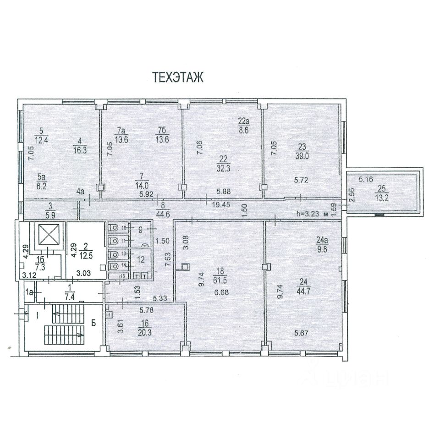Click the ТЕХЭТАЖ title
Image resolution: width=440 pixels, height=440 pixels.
178,77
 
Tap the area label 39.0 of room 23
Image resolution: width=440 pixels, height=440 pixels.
302,156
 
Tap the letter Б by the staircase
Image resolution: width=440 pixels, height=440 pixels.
93,323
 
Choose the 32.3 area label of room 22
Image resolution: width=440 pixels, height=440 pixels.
223,168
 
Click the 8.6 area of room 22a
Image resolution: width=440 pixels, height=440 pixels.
243,130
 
